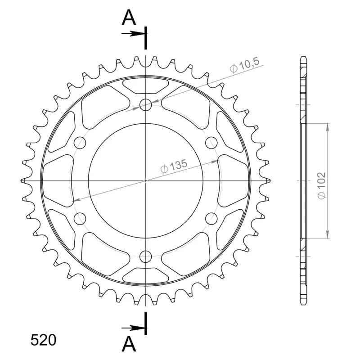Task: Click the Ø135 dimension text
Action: (174, 166)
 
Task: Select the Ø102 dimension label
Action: (321, 185)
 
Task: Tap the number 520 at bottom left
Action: (43, 340)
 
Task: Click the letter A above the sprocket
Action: (129, 18)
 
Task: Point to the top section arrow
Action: (133, 34)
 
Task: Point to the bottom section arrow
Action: (133, 328)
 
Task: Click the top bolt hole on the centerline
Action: (146, 105)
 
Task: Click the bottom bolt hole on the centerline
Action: (146, 256)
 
